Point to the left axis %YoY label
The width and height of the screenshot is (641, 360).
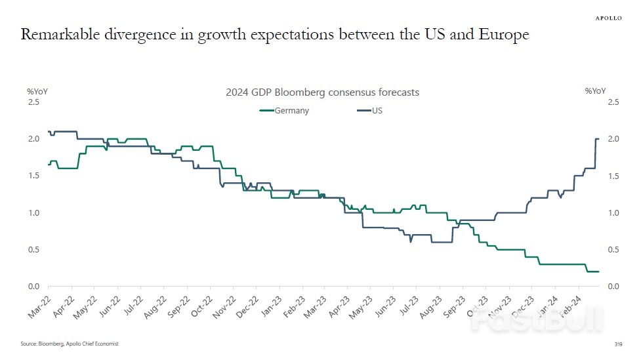(37, 91)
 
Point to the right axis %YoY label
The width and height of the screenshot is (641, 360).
(595, 91)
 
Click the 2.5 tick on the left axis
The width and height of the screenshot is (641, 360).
(33, 102)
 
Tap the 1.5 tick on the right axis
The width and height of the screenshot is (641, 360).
(613, 176)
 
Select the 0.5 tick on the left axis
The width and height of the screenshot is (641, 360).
(33, 250)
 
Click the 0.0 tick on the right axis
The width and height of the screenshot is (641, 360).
(613, 287)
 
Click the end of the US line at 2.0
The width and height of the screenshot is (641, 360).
(598, 139)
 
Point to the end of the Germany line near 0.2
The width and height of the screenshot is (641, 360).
(598, 271)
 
